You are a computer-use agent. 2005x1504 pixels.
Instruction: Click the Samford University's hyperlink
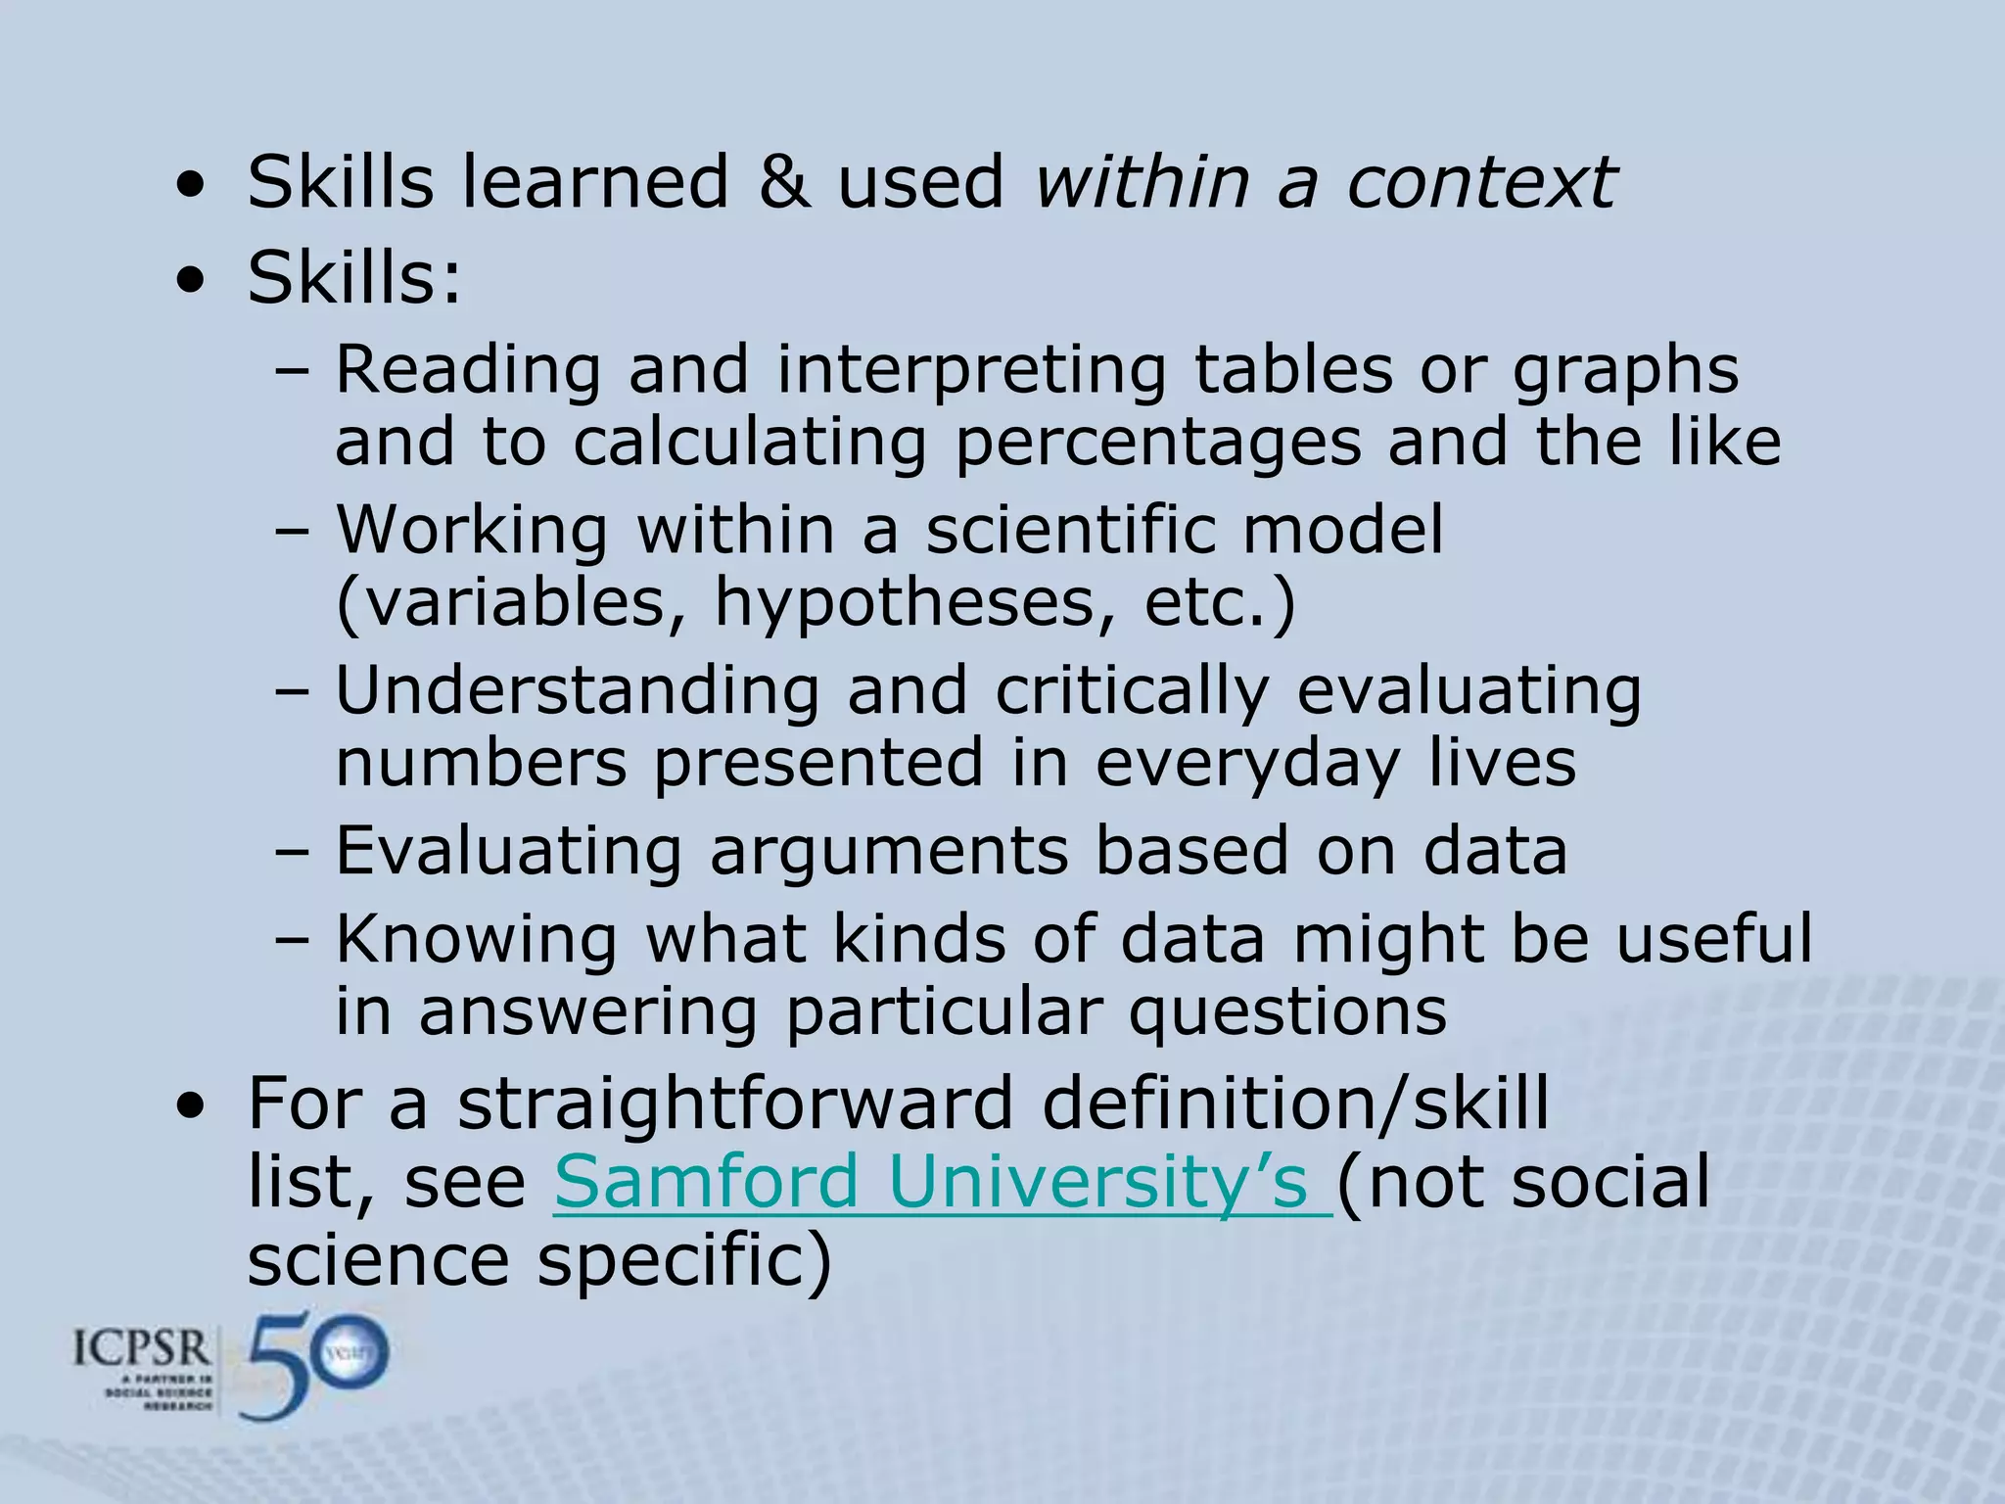(942, 1183)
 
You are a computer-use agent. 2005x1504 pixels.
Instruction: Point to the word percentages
(1157, 443)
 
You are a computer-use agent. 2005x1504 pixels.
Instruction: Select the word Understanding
(578, 690)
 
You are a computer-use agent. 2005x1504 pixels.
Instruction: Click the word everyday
(1247, 765)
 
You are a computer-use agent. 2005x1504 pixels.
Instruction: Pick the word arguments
(888, 850)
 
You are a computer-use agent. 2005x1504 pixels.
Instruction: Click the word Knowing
(477, 940)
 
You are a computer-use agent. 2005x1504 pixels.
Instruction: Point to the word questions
(1287, 1012)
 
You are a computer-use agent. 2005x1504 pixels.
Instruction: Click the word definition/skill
(1295, 1104)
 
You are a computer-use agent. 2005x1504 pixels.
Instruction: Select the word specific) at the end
(684, 1260)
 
